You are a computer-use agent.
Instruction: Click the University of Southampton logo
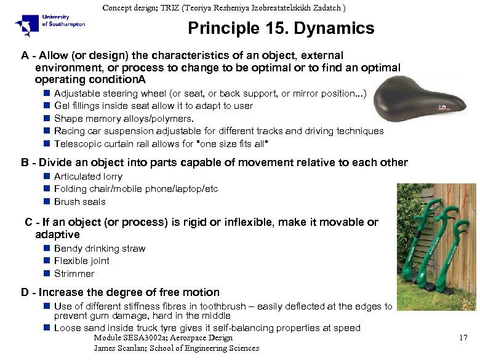49,25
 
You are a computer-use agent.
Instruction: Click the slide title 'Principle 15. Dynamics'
281,28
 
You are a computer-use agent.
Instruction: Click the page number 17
464,337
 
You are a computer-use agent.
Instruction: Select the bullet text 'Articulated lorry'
88,177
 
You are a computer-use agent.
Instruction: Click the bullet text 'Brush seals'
80,202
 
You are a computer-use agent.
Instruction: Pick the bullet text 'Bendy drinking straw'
100,249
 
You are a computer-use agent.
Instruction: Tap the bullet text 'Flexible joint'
82,261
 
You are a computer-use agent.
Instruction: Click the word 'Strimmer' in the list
74,274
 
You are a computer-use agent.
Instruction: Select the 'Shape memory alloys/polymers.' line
124,118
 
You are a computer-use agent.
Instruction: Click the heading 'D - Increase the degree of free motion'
120,292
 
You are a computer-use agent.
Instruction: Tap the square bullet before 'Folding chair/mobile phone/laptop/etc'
47,189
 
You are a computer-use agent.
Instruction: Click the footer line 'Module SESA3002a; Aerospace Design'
163,337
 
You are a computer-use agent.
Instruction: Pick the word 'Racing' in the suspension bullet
69,131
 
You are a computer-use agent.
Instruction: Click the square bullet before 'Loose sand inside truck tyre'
47,327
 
